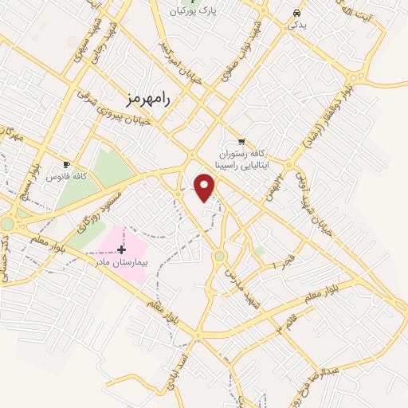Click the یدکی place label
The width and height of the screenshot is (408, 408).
click(x=296, y=25)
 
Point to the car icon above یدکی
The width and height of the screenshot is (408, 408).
click(x=296, y=13)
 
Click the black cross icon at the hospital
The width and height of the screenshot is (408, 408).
click(x=121, y=250)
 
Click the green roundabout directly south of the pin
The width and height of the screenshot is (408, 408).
click(x=218, y=255)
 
